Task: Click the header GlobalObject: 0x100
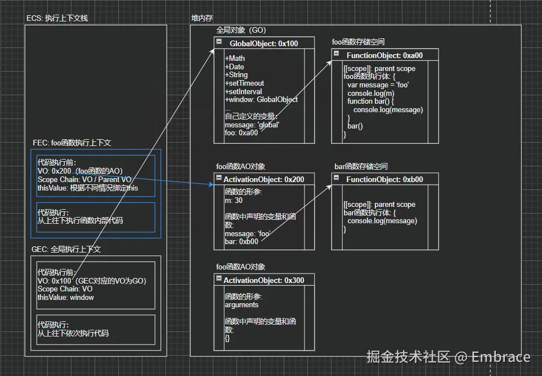tap(264, 43)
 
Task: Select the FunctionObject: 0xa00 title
tap(385, 55)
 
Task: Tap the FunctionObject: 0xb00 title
tap(385, 179)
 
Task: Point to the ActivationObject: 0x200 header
tap(264, 179)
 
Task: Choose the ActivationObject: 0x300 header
tap(264, 280)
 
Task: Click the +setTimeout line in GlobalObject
tap(244, 83)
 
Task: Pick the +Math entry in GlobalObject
tap(235, 59)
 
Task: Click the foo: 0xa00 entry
tap(241, 133)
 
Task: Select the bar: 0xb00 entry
tap(241, 242)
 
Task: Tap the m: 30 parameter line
tap(234, 201)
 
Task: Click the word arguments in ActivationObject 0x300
tap(241, 305)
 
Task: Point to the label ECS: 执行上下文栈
tap(57, 19)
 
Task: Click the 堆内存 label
tap(202, 19)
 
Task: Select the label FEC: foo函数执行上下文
tap(72, 143)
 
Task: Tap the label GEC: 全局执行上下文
tap(66, 249)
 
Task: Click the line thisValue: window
tap(66, 298)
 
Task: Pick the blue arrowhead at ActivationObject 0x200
tap(212, 184)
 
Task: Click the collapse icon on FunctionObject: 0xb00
tap(337, 178)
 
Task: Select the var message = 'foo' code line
tap(378, 85)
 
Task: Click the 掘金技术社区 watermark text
tap(409, 357)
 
